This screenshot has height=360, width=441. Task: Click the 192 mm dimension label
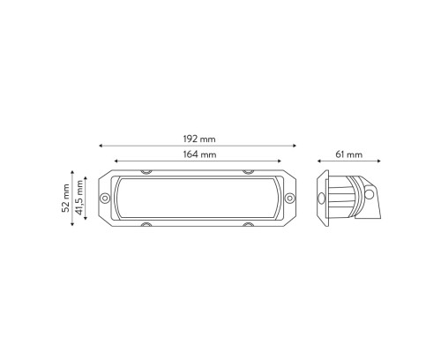point(199,139)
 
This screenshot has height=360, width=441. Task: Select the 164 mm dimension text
point(199,154)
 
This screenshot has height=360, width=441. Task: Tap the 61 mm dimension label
point(349,154)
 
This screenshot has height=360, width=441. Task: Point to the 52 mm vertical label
point(65,198)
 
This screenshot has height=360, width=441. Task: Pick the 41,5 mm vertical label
point(78,198)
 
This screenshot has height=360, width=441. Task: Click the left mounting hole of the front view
point(105,198)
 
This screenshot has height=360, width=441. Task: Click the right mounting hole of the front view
point(289,198)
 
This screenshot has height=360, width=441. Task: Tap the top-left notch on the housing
point(146,172)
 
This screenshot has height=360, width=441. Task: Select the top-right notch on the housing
point(249,172)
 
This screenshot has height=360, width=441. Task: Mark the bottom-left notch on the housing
point(146,225)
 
